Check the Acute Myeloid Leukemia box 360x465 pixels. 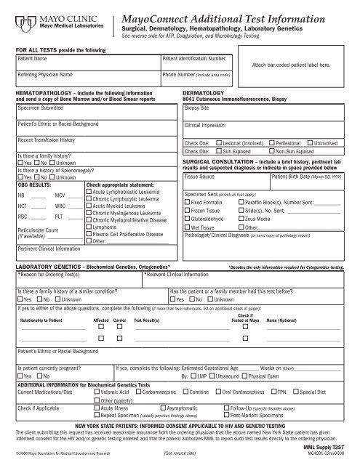click(x=89, y=185)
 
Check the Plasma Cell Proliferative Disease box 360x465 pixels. click(x=89, y=215)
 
